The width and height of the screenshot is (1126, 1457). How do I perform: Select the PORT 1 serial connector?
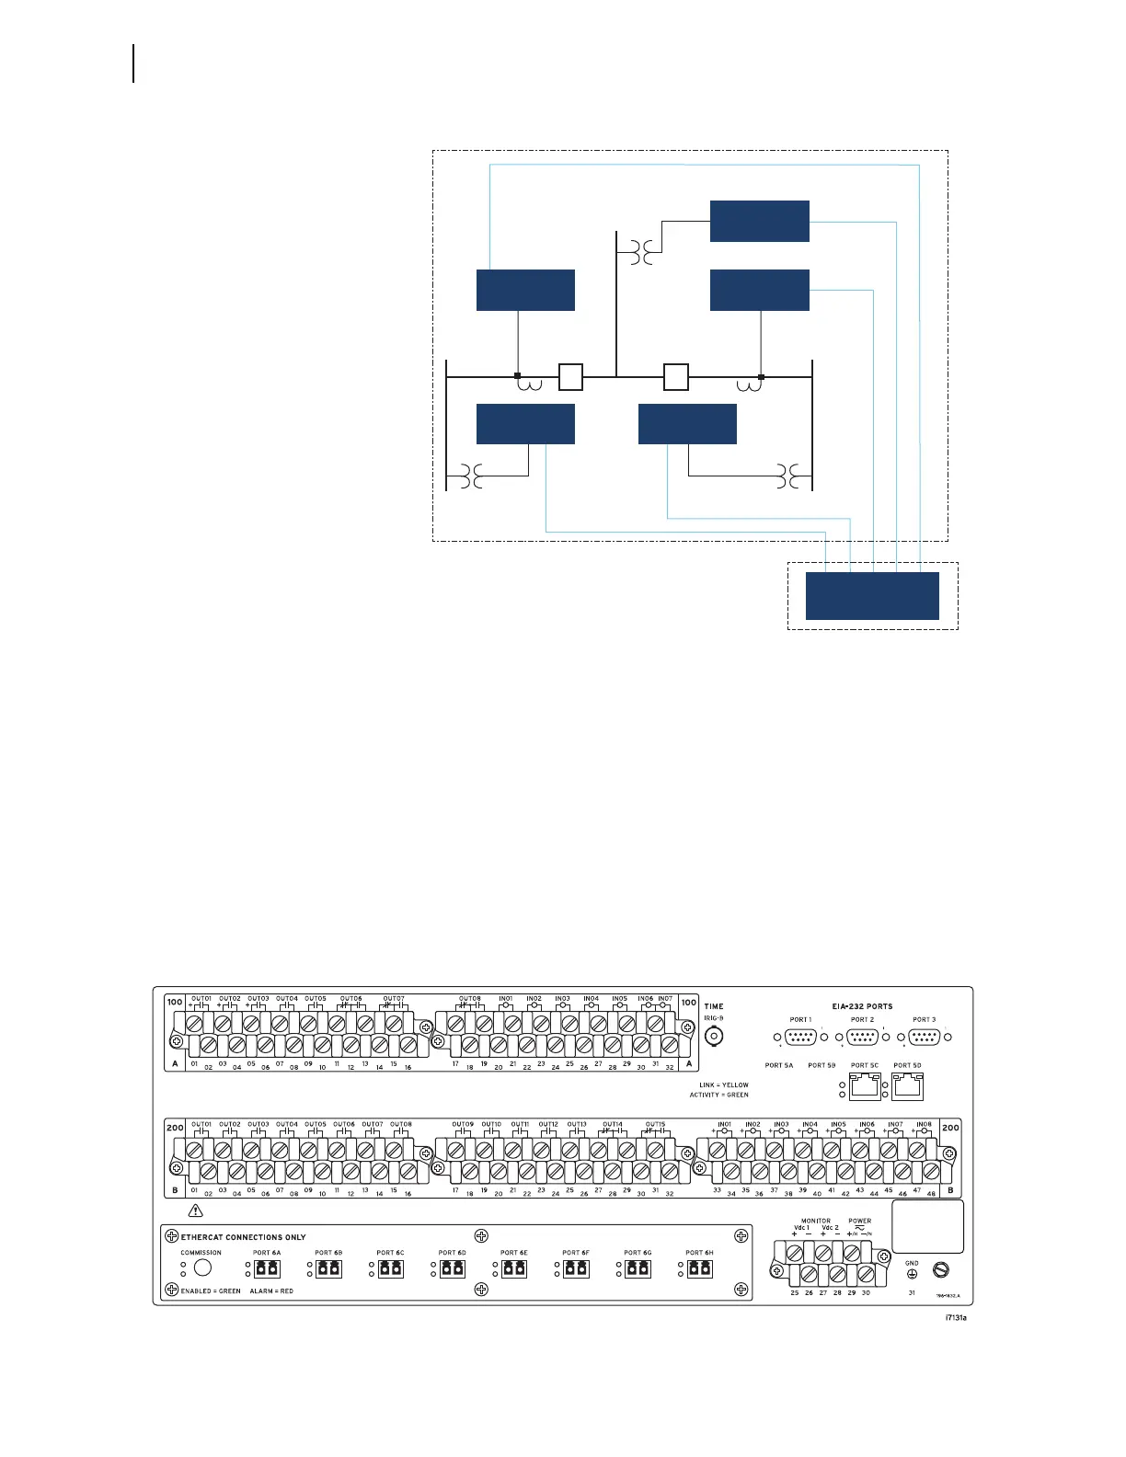coord(800,1037)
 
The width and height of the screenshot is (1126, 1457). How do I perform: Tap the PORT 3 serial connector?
coord(924,1037)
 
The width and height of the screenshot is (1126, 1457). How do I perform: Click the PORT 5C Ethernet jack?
coord(864,1087)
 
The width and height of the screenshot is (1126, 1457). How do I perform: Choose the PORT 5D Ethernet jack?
coord(907,1087)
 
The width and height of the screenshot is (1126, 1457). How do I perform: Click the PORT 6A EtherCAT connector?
coord(267,1268)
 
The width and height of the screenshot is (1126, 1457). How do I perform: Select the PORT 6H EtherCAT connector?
coord(699,1268)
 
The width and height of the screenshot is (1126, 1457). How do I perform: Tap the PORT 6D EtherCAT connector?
coord(452,1268)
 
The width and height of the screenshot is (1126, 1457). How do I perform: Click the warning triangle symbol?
coord(194,1212)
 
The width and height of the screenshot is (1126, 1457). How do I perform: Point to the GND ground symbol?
coord(912,1273)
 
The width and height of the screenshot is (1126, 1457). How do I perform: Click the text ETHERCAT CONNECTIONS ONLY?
coord(243,1237)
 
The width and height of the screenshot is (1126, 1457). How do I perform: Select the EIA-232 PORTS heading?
coord(862,1006)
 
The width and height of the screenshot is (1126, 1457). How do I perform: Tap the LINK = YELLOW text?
coord(724,1085)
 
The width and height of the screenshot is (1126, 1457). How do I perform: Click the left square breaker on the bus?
coord(570,377)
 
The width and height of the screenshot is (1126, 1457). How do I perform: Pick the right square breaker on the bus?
coord(676,377)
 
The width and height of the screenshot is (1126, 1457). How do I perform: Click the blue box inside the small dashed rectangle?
coord(872,596)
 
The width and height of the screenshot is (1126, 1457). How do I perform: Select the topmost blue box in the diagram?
coord(759,221)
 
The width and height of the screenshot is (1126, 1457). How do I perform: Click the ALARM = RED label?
coord(271,1291)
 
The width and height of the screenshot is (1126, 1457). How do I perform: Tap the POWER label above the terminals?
coord(860,1222)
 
